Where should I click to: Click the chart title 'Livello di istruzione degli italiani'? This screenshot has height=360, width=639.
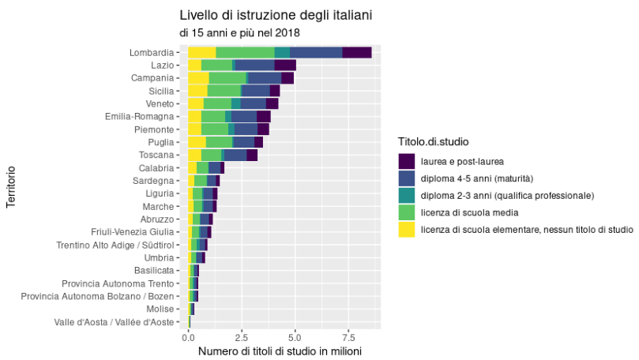coord(276,15)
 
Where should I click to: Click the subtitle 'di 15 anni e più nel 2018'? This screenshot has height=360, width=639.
coord(239,33)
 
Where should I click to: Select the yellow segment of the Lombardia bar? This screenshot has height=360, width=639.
coord(201,52)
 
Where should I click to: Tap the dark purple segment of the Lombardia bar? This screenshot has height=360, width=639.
coord(356,52)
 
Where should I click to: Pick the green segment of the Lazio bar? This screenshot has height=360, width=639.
coord(216,65)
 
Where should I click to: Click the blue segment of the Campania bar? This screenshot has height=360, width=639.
coord(264,78)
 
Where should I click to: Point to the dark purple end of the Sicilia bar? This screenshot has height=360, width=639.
coord(274,91)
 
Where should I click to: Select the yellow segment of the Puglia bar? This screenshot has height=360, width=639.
coord(197,142)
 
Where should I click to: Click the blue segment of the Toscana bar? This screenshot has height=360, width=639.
coord(235,155)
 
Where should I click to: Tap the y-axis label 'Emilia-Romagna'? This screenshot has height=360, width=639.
coord(139,117)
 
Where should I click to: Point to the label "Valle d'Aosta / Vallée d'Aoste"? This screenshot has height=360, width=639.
coord(114,322)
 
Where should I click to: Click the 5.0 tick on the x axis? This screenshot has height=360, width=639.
coord(295,336)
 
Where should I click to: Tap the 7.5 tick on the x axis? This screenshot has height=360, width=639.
coord(348,336)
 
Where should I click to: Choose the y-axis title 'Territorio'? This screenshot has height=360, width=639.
coord(11,187)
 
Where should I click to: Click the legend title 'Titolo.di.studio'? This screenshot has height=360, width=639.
coord(434,142)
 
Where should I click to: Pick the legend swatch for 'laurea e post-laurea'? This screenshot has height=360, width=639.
coord(407,161)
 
